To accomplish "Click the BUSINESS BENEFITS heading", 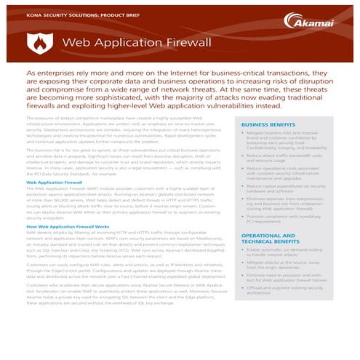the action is [x=272, y=126].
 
